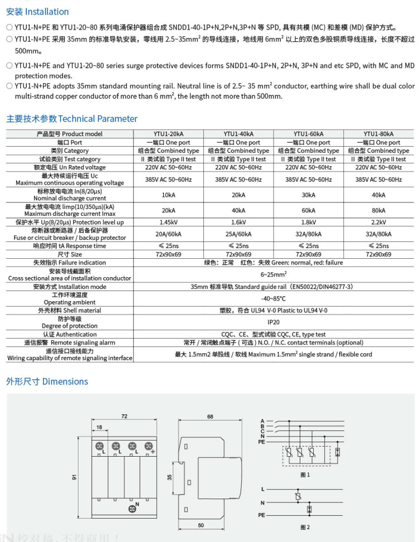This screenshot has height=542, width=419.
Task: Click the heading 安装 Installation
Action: point(37,12)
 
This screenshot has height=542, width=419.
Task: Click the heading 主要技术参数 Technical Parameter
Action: point(71,118)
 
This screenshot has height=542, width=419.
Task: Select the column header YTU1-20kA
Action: point(168,134)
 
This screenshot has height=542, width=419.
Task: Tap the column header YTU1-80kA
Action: point(378,134)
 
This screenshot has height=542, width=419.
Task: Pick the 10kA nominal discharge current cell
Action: point(168,195)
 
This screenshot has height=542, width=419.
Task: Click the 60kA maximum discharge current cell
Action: point(308,210)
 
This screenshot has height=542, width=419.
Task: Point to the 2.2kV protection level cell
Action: point(378,222)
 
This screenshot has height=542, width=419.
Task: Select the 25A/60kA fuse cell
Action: point(238,234)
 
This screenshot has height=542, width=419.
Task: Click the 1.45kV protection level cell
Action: point(168,222)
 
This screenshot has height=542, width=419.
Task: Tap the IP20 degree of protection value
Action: point(273,322)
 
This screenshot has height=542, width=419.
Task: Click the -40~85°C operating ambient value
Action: point(273,299)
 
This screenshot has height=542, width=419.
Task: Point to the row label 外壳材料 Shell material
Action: point(70,311)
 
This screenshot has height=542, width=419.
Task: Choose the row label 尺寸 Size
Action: point(70,254)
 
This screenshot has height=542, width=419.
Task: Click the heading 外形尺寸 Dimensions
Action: point(47,381)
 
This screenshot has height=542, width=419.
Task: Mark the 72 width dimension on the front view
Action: point(124,416)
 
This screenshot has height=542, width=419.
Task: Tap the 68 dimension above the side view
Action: point(210,416)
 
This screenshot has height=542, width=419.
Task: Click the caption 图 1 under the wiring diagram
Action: point(305,475)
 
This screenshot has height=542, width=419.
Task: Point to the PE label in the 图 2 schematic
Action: point(261,516)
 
